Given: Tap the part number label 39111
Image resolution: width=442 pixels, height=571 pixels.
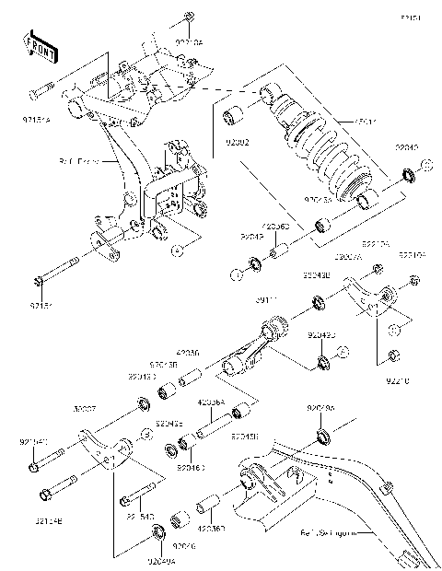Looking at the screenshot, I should [x=266, y=301].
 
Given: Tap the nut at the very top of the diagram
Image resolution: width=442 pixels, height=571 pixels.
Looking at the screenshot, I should [x=187, y=16].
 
